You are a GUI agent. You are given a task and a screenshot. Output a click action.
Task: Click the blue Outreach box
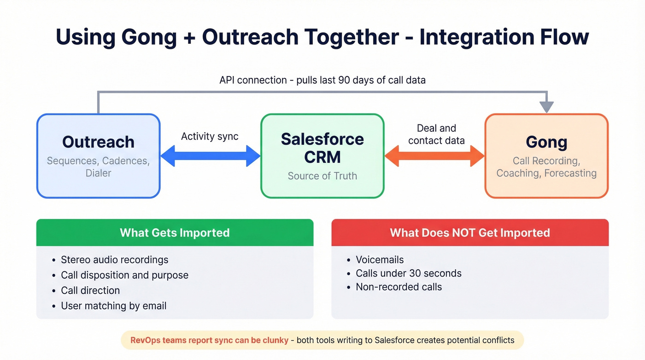pos(98,156)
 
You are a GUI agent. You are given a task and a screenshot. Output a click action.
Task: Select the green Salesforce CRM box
pos(322,156)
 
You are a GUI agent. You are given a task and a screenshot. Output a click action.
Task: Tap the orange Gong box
pos(546,156)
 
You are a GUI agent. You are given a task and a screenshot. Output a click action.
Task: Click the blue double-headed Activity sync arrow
pos(210,156)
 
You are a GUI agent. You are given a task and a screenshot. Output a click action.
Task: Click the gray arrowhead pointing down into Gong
pos(546,107)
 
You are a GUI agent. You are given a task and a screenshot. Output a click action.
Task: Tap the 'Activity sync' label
pos(210,136)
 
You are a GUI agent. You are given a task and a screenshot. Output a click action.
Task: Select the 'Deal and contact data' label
pos(436,134)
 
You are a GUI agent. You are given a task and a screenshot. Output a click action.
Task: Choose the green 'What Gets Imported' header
pos(175,232)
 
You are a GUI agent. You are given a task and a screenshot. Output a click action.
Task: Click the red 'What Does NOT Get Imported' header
pos(470,232)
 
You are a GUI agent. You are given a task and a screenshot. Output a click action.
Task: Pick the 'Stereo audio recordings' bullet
pos(114,260)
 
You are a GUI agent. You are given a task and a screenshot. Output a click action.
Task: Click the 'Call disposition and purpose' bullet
pos(124,275)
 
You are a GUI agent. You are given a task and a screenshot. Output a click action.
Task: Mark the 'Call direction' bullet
pos(90,290)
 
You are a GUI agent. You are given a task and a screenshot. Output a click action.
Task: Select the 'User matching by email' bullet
pos(113,306)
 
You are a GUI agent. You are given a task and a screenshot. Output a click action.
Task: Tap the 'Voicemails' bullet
pos(380,260)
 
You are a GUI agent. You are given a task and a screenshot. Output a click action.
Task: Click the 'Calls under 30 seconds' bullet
pos(408,273)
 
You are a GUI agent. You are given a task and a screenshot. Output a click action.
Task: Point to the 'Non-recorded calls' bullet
pos(399,287)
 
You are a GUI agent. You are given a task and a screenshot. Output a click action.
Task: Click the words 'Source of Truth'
pos(322,176)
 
